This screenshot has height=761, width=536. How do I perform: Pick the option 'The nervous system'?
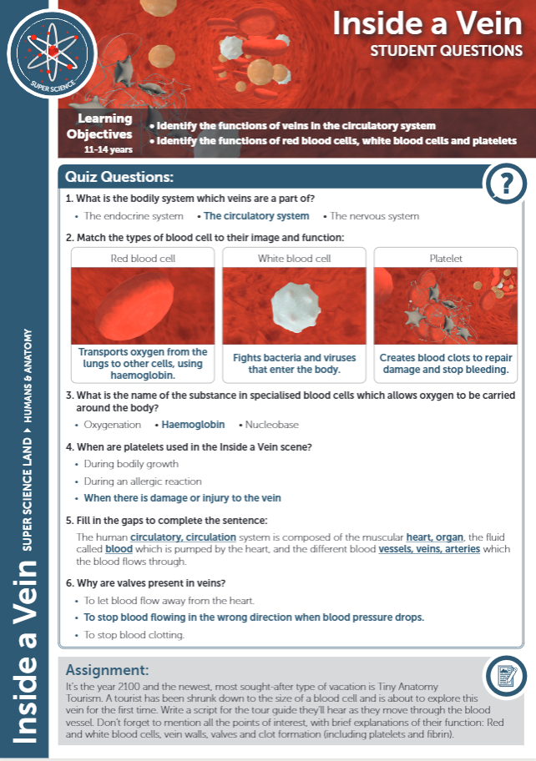(x=375, y=216)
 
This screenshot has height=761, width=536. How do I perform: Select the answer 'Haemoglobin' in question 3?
(x=193, y=425)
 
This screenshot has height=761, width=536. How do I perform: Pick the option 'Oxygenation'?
(x=113, y=425)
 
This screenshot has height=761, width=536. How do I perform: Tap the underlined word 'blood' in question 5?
(x=119, y=551)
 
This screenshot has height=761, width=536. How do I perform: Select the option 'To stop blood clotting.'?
(x=134, y=635)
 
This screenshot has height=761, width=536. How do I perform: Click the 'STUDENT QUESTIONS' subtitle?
(x=447, y=50)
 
